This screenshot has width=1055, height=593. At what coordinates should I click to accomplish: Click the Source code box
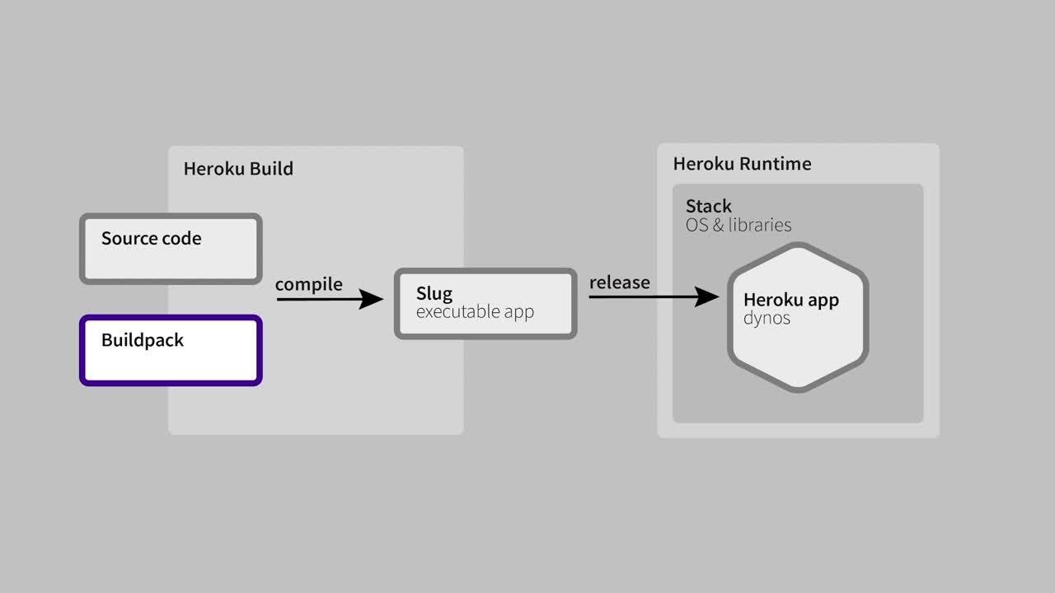point(171,249)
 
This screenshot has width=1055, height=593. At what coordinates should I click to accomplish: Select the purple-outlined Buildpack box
point(171,351)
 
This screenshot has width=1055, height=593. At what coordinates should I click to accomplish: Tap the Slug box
point(485,303)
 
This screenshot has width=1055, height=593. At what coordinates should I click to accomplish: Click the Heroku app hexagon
point(798,317)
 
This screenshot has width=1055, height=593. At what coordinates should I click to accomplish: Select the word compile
point(308,284)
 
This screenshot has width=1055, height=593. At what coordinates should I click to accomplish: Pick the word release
point(619,282)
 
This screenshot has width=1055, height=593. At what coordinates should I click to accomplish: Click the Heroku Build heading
point(238,169)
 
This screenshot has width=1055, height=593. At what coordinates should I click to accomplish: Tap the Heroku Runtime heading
point(742,164)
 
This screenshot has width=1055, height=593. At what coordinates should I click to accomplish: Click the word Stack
point(708,206)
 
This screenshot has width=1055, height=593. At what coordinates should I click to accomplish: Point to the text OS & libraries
point(738,225)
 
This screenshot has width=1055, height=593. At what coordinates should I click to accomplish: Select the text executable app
point(475,312)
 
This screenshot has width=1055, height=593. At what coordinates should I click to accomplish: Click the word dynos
point(767,318)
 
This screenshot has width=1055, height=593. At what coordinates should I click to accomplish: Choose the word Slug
point(434,294)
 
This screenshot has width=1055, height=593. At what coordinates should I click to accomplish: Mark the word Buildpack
point(143,340)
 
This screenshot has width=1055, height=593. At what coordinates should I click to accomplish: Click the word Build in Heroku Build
point(271,169)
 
